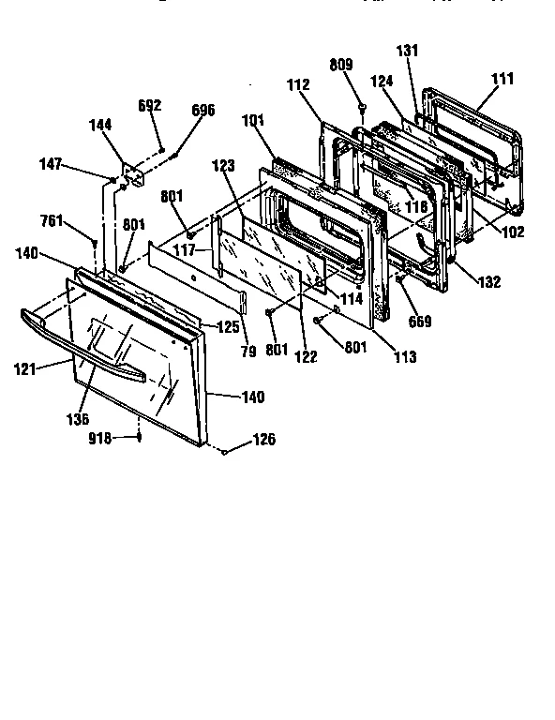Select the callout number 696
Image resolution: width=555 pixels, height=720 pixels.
[202, 111]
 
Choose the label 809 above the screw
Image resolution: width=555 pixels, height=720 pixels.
[340, 66]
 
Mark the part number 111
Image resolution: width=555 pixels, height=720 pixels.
[502, 80]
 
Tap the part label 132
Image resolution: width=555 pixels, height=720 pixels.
[489, 282]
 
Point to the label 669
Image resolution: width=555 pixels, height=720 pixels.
[420, 322]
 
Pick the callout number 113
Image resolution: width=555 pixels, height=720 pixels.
[405, 356]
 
